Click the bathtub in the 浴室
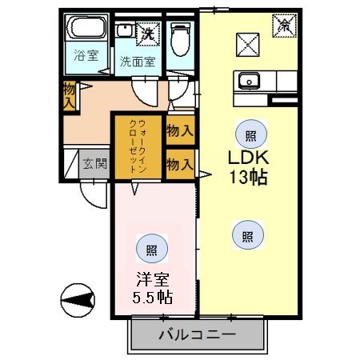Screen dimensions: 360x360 [x=86, y=27]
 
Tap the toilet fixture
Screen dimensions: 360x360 [x=181, y=39]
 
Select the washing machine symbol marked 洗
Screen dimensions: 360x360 [x=148, y=34]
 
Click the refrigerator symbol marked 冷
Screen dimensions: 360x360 [x=285, y=26]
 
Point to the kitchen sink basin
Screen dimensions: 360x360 [x=249, y=81]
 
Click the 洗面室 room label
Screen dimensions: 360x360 [x=138, y=62]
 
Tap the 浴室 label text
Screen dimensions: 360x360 [x=86, y=55]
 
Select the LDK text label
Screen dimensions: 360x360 [x=249, y=158]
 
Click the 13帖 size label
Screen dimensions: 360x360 [x=249, y=177]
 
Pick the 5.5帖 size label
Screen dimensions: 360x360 [x=153, y=297]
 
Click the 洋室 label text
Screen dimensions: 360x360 [x=153, y=279]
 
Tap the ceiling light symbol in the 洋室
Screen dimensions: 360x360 [x=152, y=249]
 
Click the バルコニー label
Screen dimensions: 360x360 [x=198, y=334]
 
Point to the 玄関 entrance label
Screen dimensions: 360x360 [x=94, y=164]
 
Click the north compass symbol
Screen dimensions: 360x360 [x=78, y=300]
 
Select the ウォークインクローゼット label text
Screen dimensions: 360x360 [x=138, y=146]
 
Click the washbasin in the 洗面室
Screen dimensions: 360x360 [x=126, y=30]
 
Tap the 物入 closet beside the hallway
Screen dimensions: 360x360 [x=70, y=96]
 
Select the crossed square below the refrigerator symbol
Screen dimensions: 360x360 [x=248, y=44]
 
